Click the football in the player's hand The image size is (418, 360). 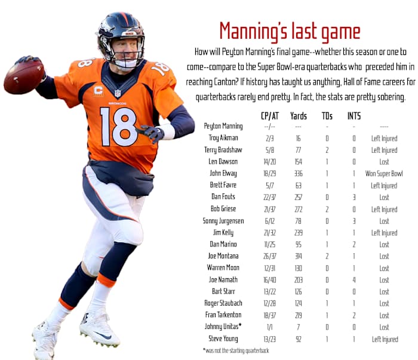[24, 76]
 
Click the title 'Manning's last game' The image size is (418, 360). [290, 31]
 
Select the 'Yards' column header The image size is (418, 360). [298, 116]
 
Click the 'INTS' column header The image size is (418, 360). [354, 116]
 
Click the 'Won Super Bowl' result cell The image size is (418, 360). [384, 174]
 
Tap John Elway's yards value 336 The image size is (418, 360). [298, 174]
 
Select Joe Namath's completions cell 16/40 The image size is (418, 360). [270, 280]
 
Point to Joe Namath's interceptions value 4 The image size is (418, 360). [354, 280]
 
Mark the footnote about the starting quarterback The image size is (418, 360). [236, 350]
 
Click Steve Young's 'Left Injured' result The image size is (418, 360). [384, 339]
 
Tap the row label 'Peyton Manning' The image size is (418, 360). [223, 127]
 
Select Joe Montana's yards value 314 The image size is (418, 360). [298, 256]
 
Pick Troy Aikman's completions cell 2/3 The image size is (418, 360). [270, 139]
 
